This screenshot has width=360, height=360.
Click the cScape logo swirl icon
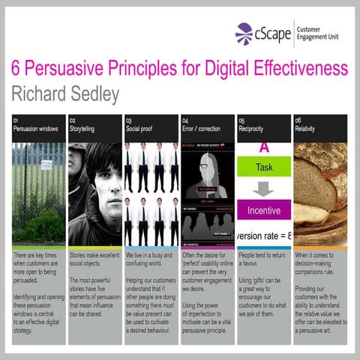[x=243, y=33]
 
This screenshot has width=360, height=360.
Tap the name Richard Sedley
[x=65, y=92]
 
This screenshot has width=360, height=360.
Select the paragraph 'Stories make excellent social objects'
[x=94, y=260]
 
